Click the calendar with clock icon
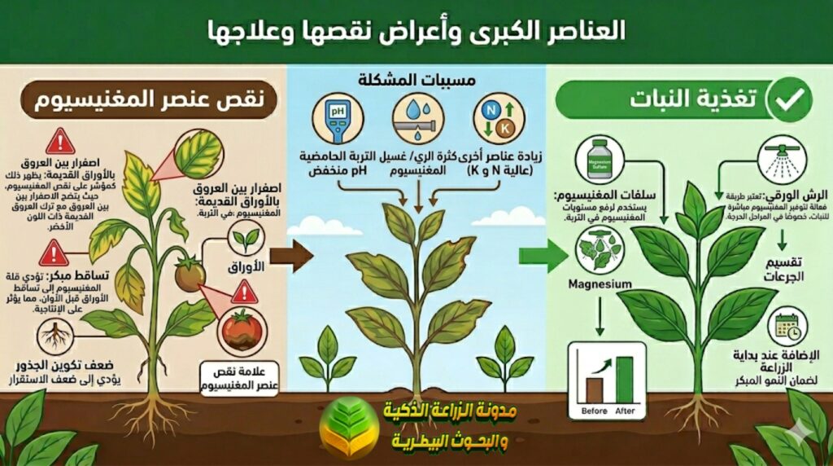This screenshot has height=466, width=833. (787, 327)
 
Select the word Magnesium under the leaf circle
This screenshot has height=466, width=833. (600, 284)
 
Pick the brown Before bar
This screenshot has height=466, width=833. (595, 389)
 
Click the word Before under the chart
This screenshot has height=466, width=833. (595, 411)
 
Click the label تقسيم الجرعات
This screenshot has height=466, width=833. (783, 269)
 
